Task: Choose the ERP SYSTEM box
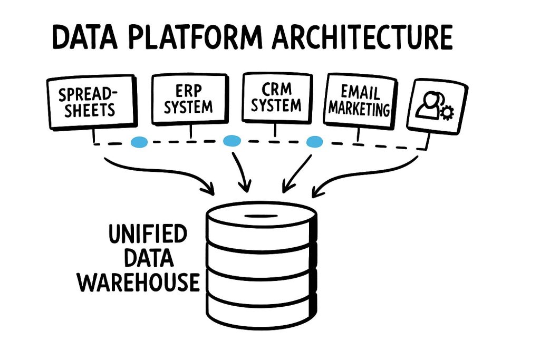(189, 99)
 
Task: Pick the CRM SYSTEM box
(276, 98)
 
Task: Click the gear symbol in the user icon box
(447, 112)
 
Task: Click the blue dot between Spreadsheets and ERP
(139, 141)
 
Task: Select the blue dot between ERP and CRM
(232, 141)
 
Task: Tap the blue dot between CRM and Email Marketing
(315, 141)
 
